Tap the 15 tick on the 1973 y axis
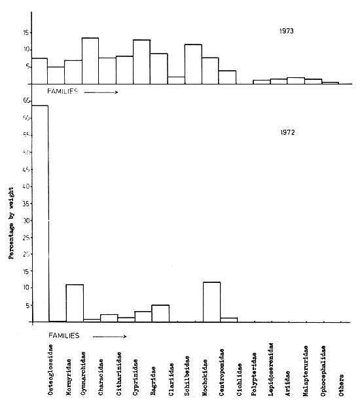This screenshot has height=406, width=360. point(26,32)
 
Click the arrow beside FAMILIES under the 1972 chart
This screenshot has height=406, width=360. point(109,335)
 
